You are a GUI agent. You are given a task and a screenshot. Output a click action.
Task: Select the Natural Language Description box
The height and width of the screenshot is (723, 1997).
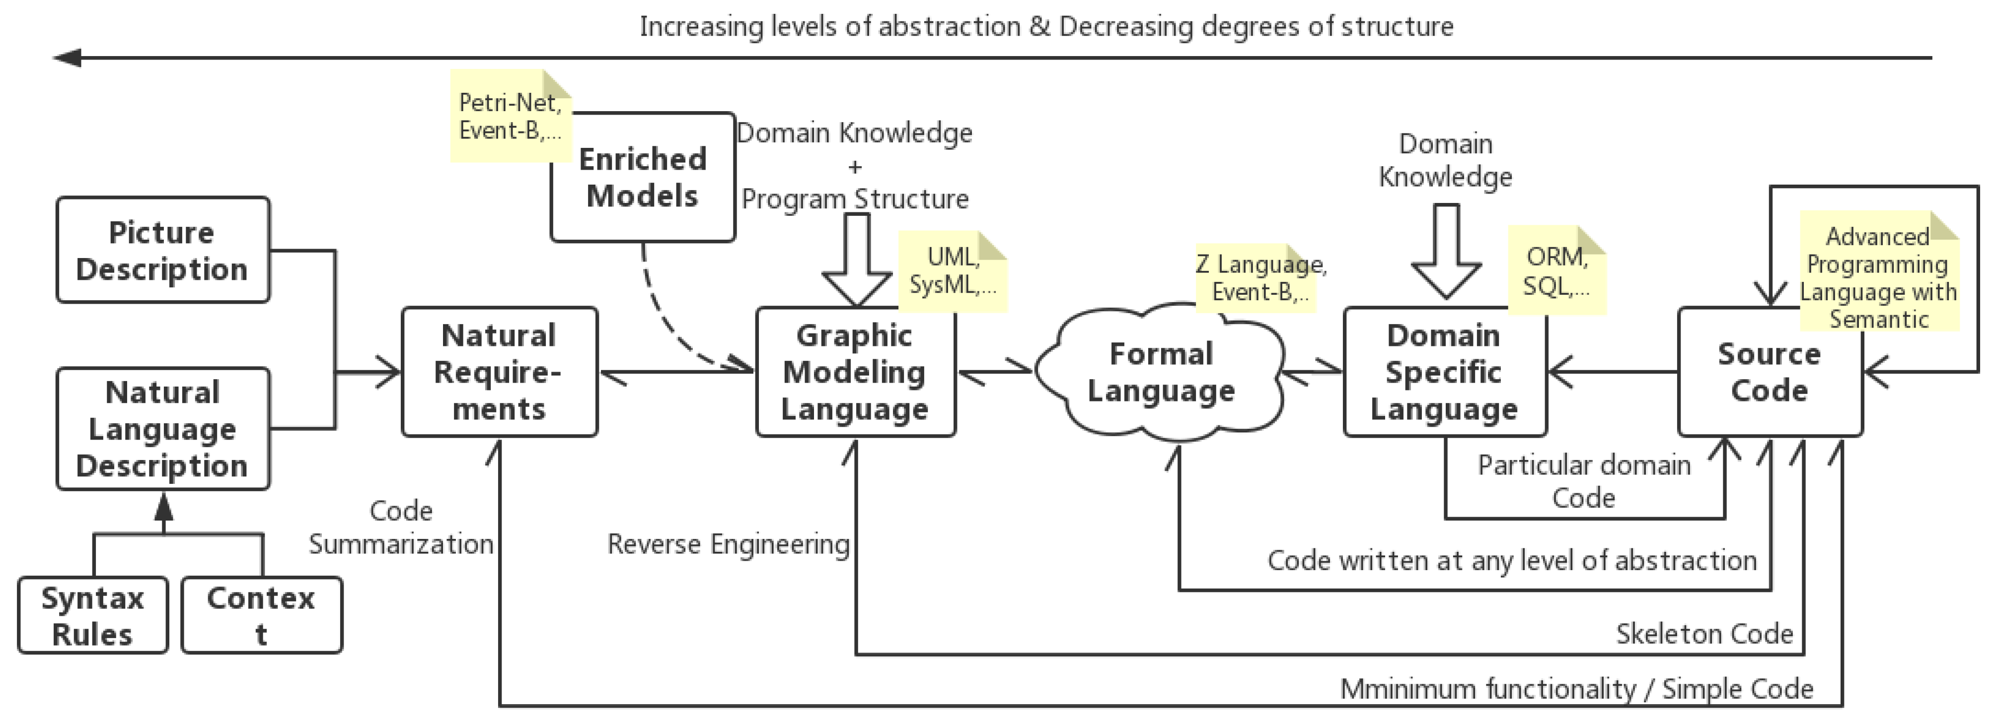[163, 429]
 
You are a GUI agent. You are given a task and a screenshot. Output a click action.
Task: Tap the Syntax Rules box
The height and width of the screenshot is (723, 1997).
[92, 615]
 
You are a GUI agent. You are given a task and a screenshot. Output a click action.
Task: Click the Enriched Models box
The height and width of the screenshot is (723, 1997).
[643, 178]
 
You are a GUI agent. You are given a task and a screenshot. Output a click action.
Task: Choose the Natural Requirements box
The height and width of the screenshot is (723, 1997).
[499, 372]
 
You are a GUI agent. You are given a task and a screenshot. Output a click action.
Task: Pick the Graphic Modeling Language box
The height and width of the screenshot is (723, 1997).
[855, 372]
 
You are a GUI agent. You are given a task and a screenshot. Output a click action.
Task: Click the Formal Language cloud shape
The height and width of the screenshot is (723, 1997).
[1161, 373]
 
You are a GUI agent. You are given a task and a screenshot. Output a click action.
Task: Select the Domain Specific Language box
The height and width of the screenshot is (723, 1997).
[1444, 372]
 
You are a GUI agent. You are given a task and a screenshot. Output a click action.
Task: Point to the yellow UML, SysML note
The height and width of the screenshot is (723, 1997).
[953, 271]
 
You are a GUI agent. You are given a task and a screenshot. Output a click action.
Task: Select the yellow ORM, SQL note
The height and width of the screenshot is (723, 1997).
[1556, 271]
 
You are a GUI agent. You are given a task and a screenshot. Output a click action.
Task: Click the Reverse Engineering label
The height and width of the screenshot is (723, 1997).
[728, 544]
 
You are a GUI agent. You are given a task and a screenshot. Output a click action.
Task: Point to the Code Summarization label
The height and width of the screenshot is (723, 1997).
[401, 527]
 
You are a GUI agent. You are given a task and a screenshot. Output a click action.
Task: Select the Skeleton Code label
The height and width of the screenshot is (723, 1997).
[1704, 634]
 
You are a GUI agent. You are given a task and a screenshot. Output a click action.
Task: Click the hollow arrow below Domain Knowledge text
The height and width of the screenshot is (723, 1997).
[1446, 252]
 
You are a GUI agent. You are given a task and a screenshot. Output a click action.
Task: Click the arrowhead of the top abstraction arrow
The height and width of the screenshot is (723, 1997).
[68, 58]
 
